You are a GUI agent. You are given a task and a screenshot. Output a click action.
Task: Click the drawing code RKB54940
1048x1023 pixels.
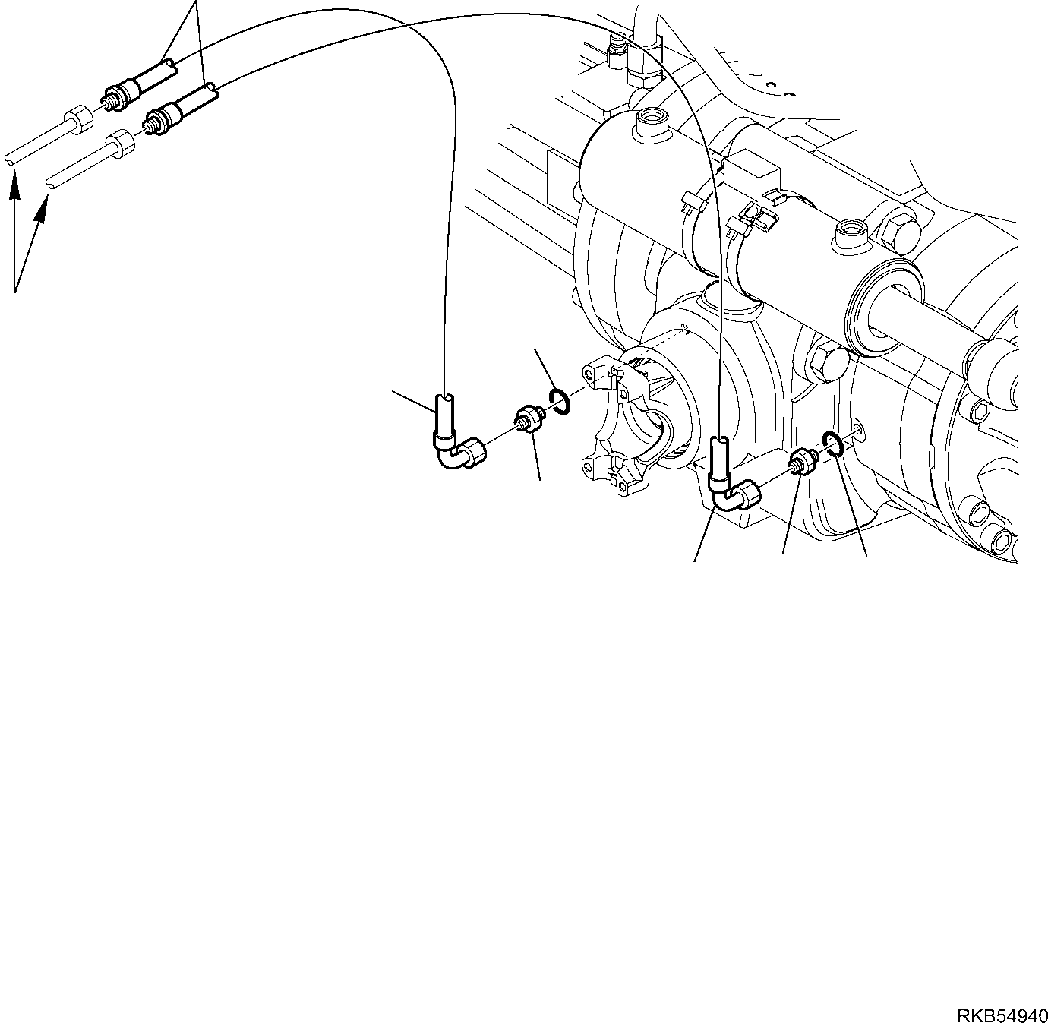[x=1002, y=1014]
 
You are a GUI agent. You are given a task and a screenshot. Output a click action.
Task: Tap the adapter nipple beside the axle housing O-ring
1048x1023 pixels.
[x=802, y=460]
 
